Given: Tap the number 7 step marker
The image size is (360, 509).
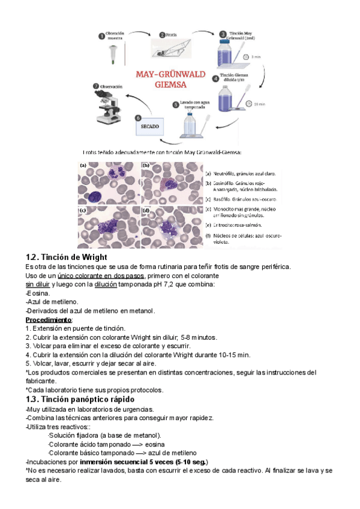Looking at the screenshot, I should tap(95, 86).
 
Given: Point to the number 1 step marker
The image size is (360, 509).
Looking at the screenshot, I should tap(100, 36).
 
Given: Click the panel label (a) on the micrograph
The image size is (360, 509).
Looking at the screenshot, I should tap(83, 165).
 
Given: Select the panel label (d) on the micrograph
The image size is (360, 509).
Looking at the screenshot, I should tap(145, 209).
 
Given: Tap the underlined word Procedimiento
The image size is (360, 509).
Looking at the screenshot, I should tap(49, 320).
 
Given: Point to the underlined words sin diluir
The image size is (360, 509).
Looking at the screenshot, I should tap(37, 284).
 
